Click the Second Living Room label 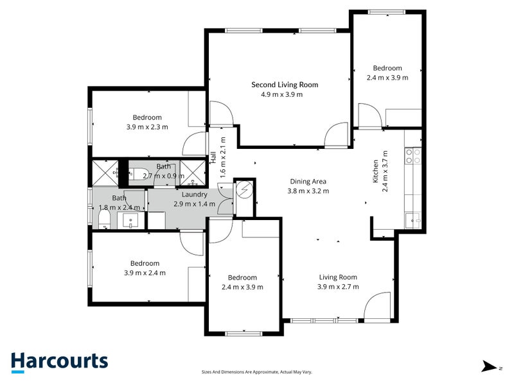click(285, 85)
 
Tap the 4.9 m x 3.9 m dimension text click(281, 94)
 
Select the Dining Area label click(308, 182)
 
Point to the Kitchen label click(375, 171)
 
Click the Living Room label click(338, 277)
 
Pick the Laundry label click(195, 194)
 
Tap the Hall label click(213, 157)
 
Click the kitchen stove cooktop click(413, 156)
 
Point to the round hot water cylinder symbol click(244, 189)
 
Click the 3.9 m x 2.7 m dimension click(338, 287)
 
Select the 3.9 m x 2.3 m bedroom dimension click(147, 127)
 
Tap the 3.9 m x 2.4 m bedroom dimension click(145, 273)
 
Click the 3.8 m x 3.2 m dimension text click(308, 191)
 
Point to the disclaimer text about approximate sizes click(256, 372)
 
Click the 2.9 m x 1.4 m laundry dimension click(195, 204)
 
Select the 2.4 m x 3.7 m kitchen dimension click(385, 171)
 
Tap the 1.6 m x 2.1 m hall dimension click(223, 157)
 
